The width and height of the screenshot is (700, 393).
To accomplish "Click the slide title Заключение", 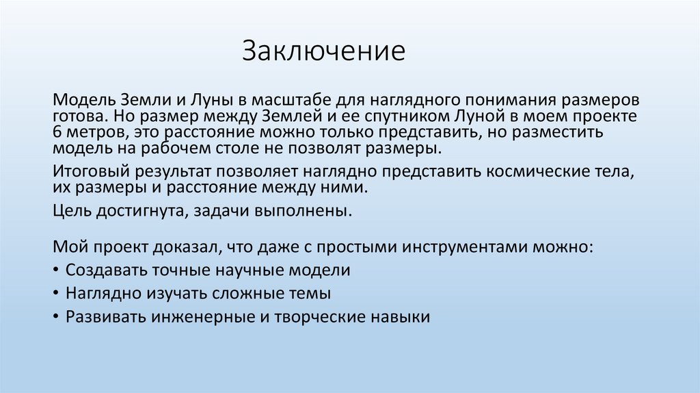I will [x=323, y=51].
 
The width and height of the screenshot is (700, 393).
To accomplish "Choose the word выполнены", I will [x=313, y=211].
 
